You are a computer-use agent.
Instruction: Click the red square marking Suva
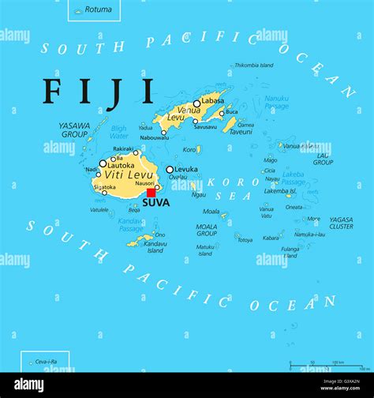coord(151,192)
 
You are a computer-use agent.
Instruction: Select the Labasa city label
coord(213,99)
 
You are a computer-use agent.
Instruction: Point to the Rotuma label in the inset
coord(98,9)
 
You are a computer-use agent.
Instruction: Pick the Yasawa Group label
coord(73,130)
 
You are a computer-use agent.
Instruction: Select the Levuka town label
coord(186,169)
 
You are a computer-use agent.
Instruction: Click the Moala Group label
coord(207,230)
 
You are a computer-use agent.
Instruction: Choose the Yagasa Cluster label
coord(341,223)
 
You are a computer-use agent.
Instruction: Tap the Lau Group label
coord(324,159)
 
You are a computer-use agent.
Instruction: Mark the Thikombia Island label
coord(255,65)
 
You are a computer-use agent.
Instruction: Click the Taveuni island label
coord(241,132)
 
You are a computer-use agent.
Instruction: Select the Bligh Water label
coord(119,131)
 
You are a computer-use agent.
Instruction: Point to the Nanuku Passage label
coord(276,103)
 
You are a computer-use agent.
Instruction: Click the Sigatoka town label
coord(104,187)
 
